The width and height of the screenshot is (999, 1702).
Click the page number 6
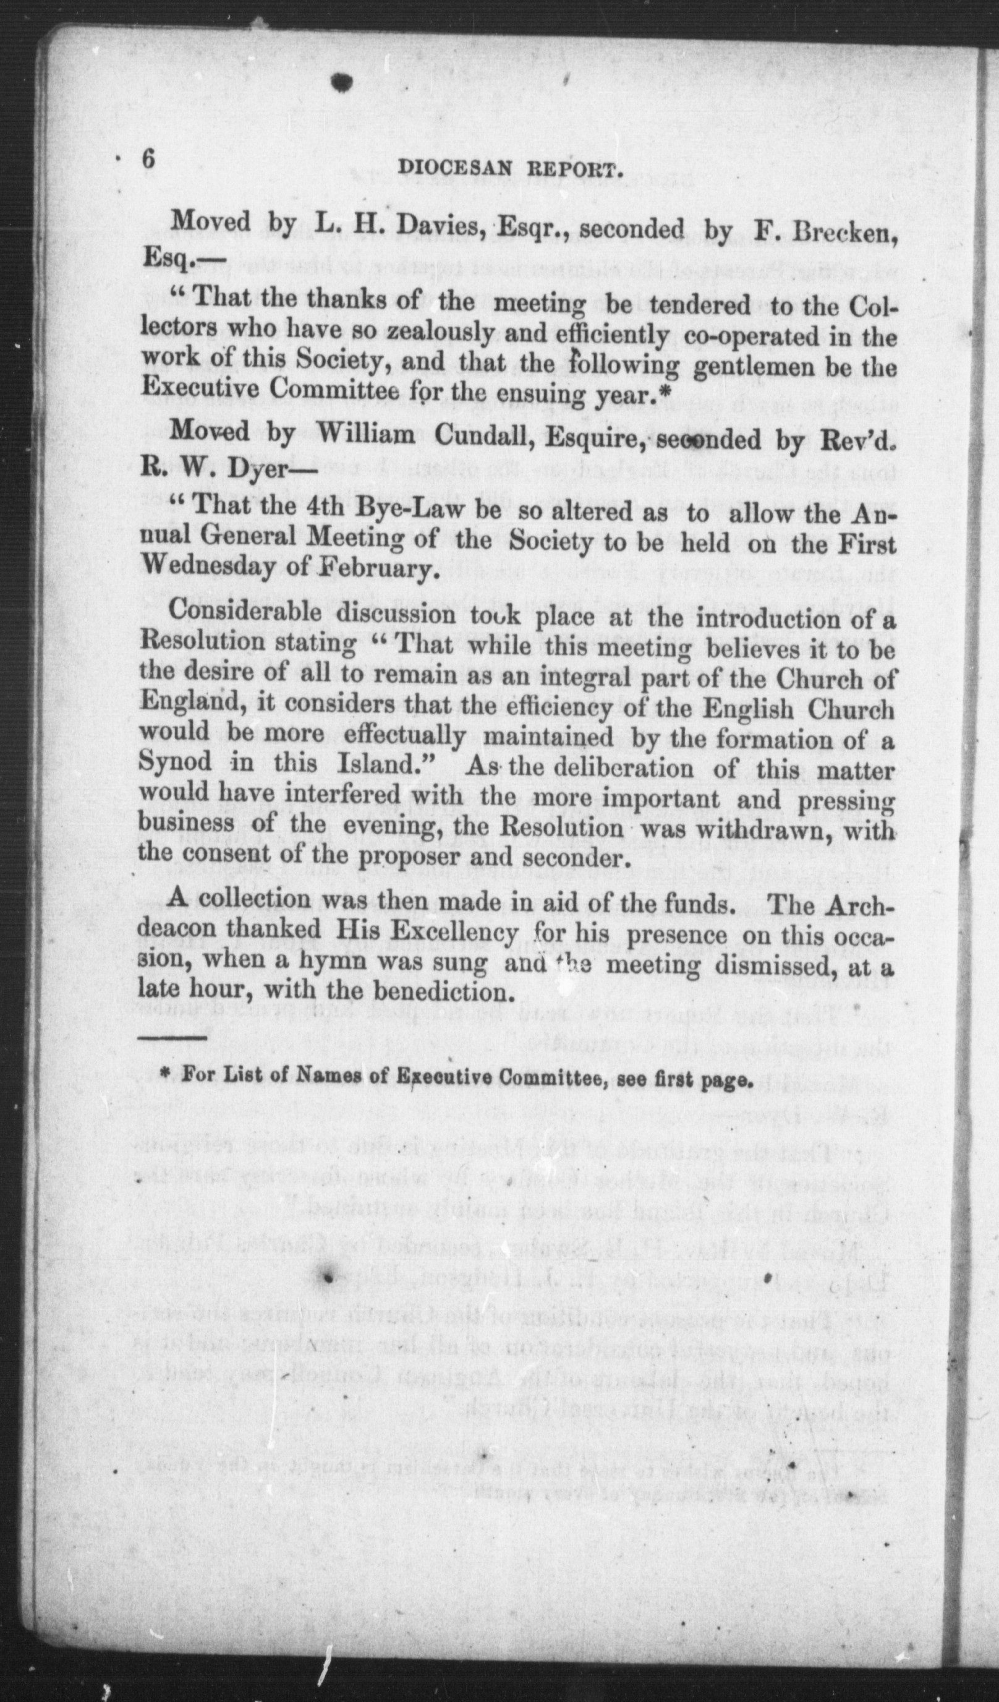point(148,160)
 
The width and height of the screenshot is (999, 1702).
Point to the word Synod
point(176,762)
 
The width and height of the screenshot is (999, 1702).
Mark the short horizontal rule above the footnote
point(174,1037)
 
